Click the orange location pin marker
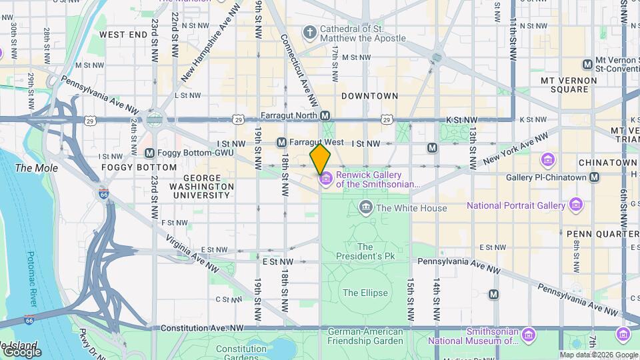pyautogui.click(x=321, y=159)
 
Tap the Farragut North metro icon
pyautogui.click(x=325, y=116)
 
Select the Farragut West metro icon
pyautogui.click(x=281, y=143)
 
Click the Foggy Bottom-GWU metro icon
pyautogui.click(x=149, y=153)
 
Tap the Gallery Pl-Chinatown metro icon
pyautogui.click(x=594, y=177)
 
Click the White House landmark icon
pyautogui.click(x=365, y=208)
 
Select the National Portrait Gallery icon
pyautogui.click(x=575, y=205)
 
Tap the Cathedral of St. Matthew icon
pyautogui.click(x=309, y=32)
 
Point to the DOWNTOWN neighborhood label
pyautogui.click(x=369, y=96)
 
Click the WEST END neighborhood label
pyautogui.click(x=123, y=34)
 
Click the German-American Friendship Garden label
pyautogui.click(x=365, y=336)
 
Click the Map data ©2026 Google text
pyautogui.click(x=598, y=355)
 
